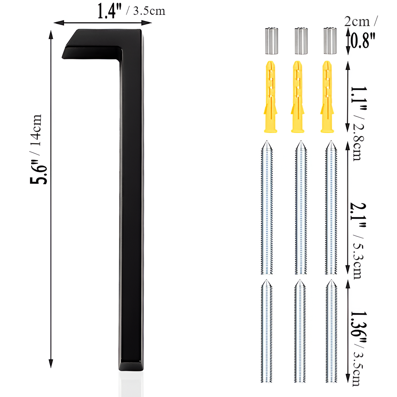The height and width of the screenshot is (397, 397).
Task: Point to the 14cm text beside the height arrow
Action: pos(36,130)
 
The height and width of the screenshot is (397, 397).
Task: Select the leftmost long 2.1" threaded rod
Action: pos(267,209)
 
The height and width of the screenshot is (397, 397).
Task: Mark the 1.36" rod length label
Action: pos(359,327)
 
